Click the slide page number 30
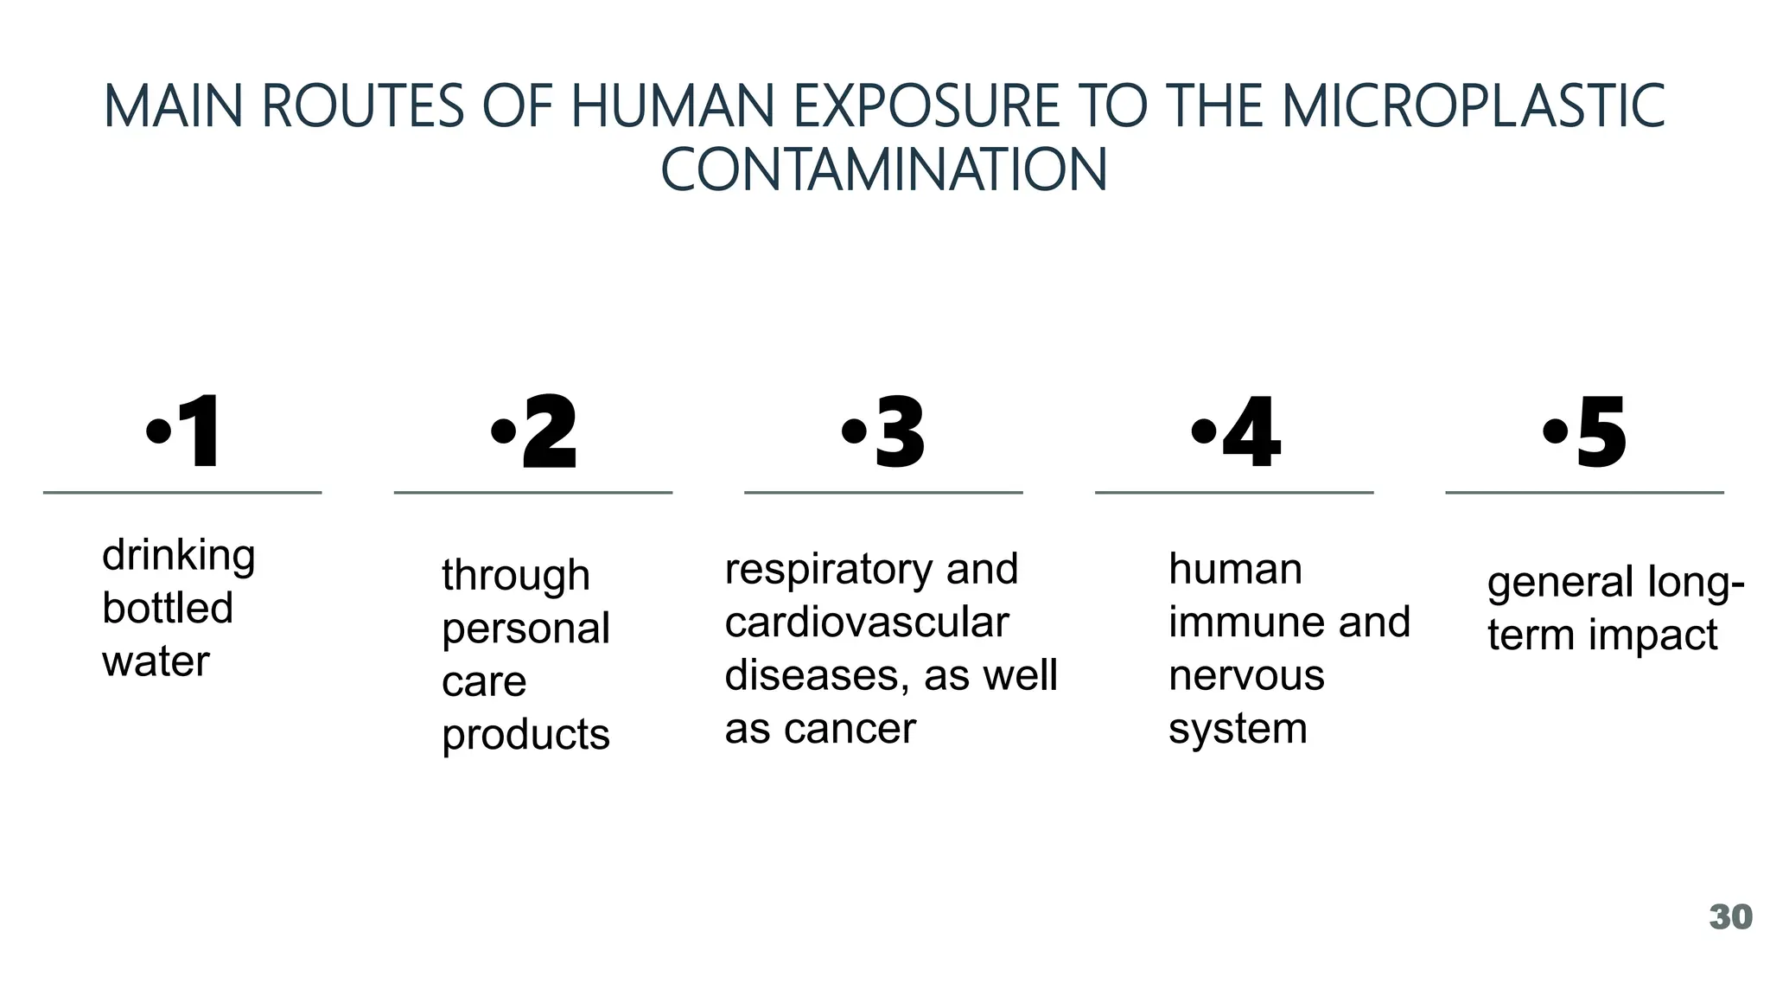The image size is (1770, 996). [1730, 917]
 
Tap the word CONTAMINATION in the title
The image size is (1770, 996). [883, 169]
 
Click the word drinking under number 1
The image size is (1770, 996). [179, 556]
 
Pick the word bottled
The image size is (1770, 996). [168, 608]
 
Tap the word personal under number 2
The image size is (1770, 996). [525, 629]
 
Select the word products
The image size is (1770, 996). [525, 735]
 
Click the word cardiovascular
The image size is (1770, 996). [866, 622]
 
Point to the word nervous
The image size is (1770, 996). [1246, 675]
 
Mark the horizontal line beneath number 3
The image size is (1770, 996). [883, 493]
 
